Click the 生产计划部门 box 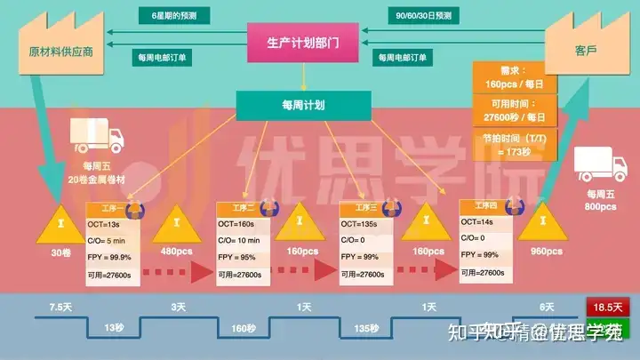pyautogui.click(x=302, y=42)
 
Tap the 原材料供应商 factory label pyautogui.click(x=60, y=52)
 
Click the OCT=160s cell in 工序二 pyautogui.click(x=237, y=224)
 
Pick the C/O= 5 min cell pyautogui.click(x=108, y=240)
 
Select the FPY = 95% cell pyautogui.click(x=237, y=257)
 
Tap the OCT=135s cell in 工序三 pyautogui.click(x=361, y=224)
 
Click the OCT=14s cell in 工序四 pyautogui.click(x=481, y=222)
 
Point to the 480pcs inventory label pyautogui.click(x=176, y=252)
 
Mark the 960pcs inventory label pyautogui.click(x=545, y=252)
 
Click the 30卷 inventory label pyautogui.click(x=60, y=252)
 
